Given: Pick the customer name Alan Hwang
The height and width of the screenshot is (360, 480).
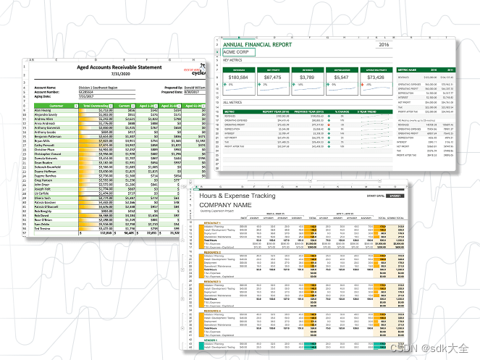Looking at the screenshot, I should coord(46,111).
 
